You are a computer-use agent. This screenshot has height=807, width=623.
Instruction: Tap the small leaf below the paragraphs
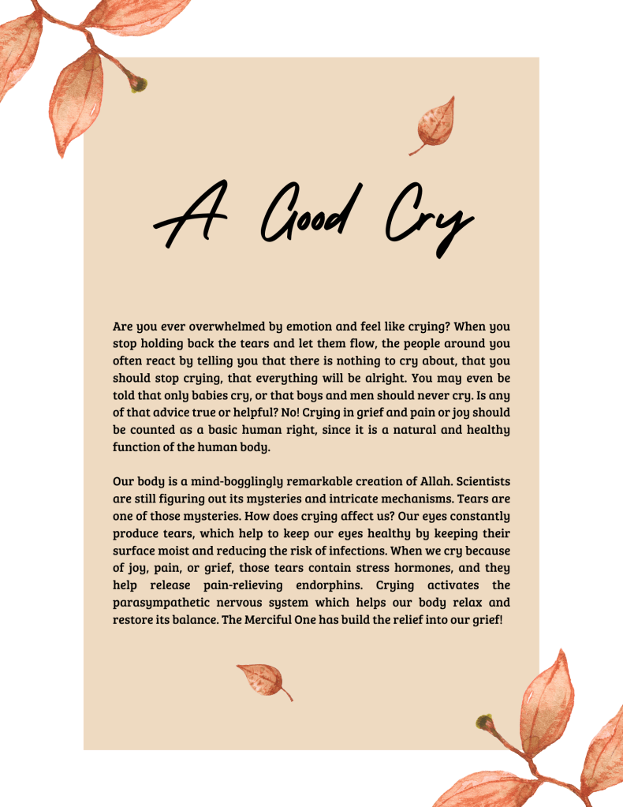(x=263, y=679)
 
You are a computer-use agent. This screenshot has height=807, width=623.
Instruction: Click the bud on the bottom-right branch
(x=485, y=723)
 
